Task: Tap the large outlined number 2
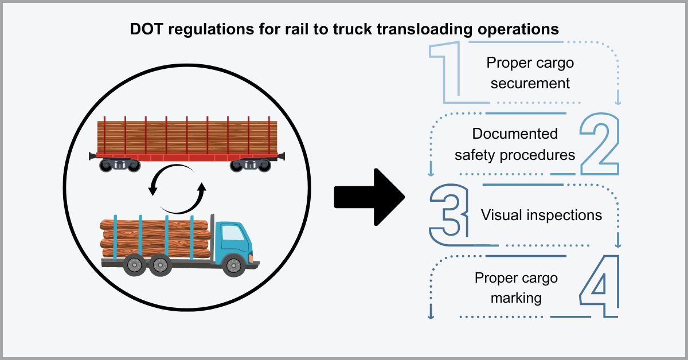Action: [599, 144]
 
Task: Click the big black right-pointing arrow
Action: [370, 197]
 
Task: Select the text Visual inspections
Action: [541, 215]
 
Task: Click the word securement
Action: [530, 83]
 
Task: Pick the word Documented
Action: [514, 134]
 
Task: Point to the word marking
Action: [516, 298]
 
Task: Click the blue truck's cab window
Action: [232, 233]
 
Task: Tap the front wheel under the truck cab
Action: [233, 265]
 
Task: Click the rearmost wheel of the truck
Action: [134, 265]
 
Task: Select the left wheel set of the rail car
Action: [119, 165]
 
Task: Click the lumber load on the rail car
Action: [186, 136]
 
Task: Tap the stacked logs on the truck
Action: [155, 238]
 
